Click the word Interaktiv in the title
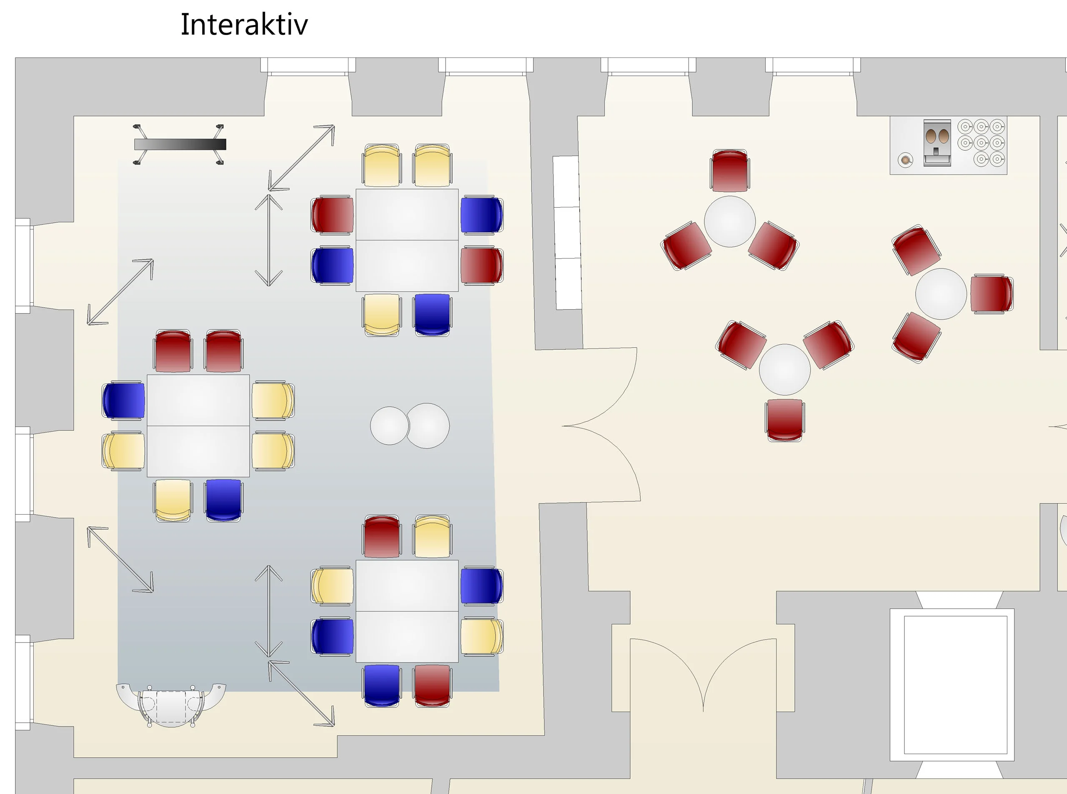pyautogui.click(x=244, y=25)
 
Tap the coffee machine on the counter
pyautogui.click(x=937, y=143)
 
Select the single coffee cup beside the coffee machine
pyautogui.click(x=905, y=159)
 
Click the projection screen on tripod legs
pyautogui.click(x=180, y=144)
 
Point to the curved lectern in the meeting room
pyautogui.click(x=171, y=704)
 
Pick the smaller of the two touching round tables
pyautogui.click(x=389, y=426)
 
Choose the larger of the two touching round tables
pyautogui.click(x=428, y=426)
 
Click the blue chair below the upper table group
pyautogui.click(x=432, y=314)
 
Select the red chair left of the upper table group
pyautogui.click(x=333, y=214)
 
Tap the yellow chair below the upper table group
pyautogui.click(x=381, y=314)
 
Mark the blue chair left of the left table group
pyautogui.click(x=124, y=400)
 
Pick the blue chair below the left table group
pyautogui.click(x=223, y=500)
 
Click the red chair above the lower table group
pyautogui.click(x=381, y=536)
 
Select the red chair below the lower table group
pyautogui.click(x=432, y=685)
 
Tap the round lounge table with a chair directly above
pyautogui.click(x=729, y=222)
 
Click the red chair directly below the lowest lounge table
pyautogui.click(x=784, y=420)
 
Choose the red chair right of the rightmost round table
pyautogui.click(x=991, y=294)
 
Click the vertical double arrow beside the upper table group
pyautogui.click(x=268, y=240)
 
